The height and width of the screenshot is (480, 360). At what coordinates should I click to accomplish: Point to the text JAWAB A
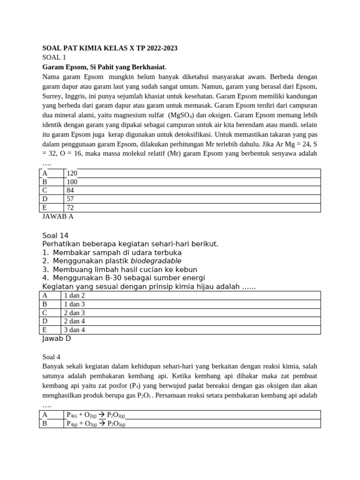tap(58, 217)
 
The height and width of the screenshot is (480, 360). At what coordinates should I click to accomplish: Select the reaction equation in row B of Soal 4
tap(96, 424)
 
